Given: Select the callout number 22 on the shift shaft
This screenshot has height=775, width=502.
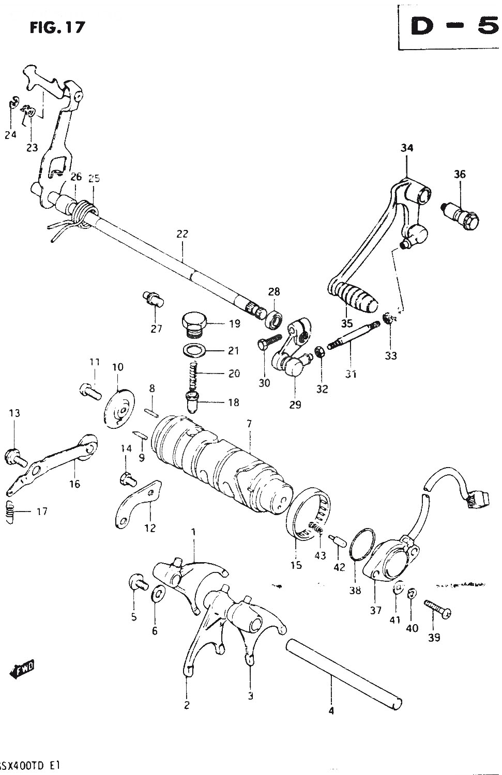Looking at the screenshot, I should click(x=182, y=234).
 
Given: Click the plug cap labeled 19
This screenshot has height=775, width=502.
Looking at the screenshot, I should click(x=194, y=323).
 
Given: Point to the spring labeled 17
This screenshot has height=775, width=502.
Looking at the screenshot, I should click(x=11, y=512).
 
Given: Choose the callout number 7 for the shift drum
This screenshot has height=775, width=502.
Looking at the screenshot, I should click(x=249, y=424).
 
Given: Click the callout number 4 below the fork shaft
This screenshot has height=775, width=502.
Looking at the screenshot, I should click(x=331, y=711).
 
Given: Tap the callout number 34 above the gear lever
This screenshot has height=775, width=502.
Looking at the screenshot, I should click(x=407, y=148).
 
